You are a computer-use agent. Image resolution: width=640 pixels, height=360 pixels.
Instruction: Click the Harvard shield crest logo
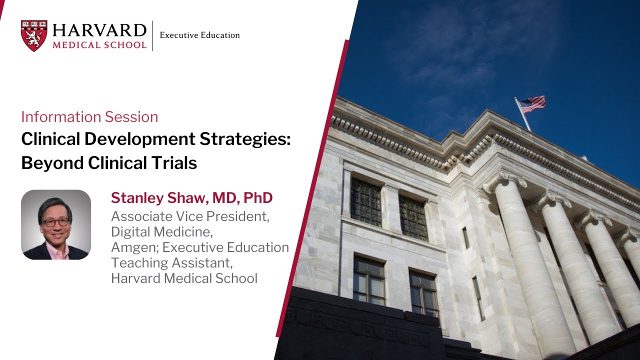pyautogui.click(x=34, y=35)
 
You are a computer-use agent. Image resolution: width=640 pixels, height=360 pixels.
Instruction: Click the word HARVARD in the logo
pyautogui.click(x=99, y=31)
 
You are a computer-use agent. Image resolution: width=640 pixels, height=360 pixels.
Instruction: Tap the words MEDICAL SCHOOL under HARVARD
pyautogui.click(x=99, y=45)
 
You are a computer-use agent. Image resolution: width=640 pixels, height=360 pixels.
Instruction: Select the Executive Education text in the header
pyautogui.click(x=199, y=35)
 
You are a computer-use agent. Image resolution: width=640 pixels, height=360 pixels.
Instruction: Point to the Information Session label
pyautogui.click(x=89, y=117)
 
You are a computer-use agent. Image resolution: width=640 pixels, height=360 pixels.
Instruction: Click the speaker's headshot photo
pyautogui.click(x=56, y=224)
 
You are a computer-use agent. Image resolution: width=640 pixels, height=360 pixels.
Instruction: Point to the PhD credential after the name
pyautogui.click(x=258, y=198)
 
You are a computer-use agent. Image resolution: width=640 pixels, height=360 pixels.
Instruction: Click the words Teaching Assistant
pyautogui.click(x=172, y=262)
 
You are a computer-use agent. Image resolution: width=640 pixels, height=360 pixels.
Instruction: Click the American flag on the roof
pyautogui.click(x=532, y=104)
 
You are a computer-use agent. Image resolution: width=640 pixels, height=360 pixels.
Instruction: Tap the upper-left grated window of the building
pyautogui.click(x=365, y=202)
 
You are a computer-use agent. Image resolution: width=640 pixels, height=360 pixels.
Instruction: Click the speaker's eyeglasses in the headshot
pyautogui.click(x=55, y=221)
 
